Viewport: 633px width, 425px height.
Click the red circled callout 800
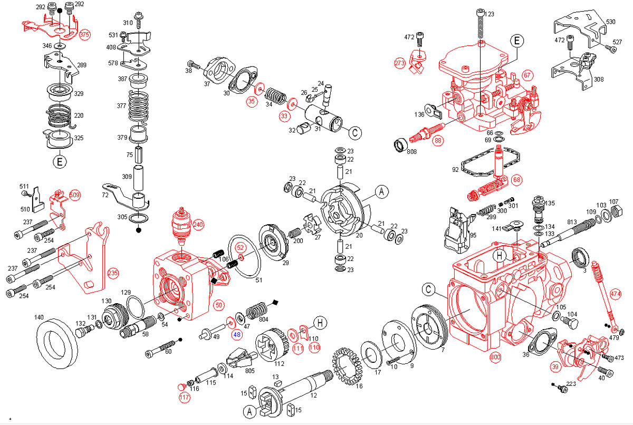coord(495,357)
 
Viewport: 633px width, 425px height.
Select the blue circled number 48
coord(236,334)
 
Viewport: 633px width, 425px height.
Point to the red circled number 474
coord(616,294)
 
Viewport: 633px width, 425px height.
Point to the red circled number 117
coord(184,398)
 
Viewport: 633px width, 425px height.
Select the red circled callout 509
coord(74,196)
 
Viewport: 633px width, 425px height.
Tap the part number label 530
coord(611,22)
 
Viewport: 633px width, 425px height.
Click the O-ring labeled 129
coord(135,304)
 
